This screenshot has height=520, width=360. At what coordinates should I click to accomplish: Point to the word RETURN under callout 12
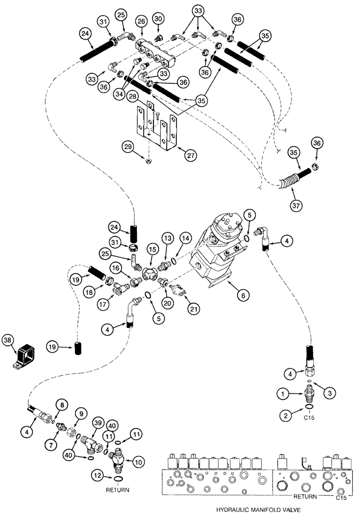click(118, 490)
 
